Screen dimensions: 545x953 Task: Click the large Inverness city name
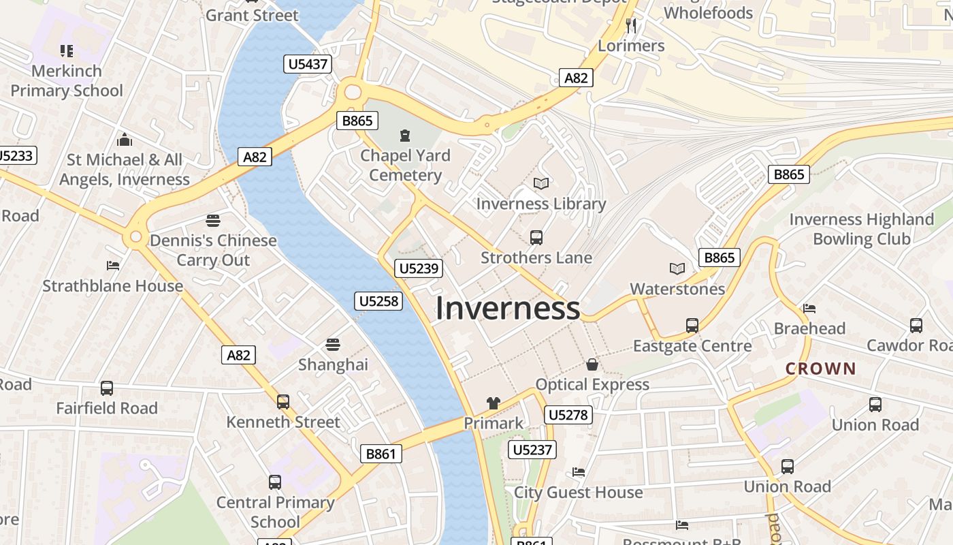508,308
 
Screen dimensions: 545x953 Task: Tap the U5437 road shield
308,65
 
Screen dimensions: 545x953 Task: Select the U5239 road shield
419,268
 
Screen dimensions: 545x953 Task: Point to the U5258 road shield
378,301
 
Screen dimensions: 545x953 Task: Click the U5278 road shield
568,415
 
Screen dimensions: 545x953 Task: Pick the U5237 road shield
533,450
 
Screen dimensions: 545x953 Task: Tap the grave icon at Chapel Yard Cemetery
406,136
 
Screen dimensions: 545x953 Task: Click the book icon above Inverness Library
541,183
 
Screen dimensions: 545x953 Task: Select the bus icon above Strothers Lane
536,238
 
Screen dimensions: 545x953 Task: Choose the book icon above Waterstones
677,268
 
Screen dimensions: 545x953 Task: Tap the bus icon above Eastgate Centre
692,326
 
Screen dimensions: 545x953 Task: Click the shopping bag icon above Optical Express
592,364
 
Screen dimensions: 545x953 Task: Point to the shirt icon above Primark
494,403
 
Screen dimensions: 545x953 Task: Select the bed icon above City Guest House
579,471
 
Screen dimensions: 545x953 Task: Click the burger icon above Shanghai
333,345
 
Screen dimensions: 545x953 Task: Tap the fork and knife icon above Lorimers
631,26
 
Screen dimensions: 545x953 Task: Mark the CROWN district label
820,369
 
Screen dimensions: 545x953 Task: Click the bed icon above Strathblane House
113,265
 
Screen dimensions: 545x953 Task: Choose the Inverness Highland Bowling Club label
861,229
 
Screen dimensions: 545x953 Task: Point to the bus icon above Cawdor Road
916,326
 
